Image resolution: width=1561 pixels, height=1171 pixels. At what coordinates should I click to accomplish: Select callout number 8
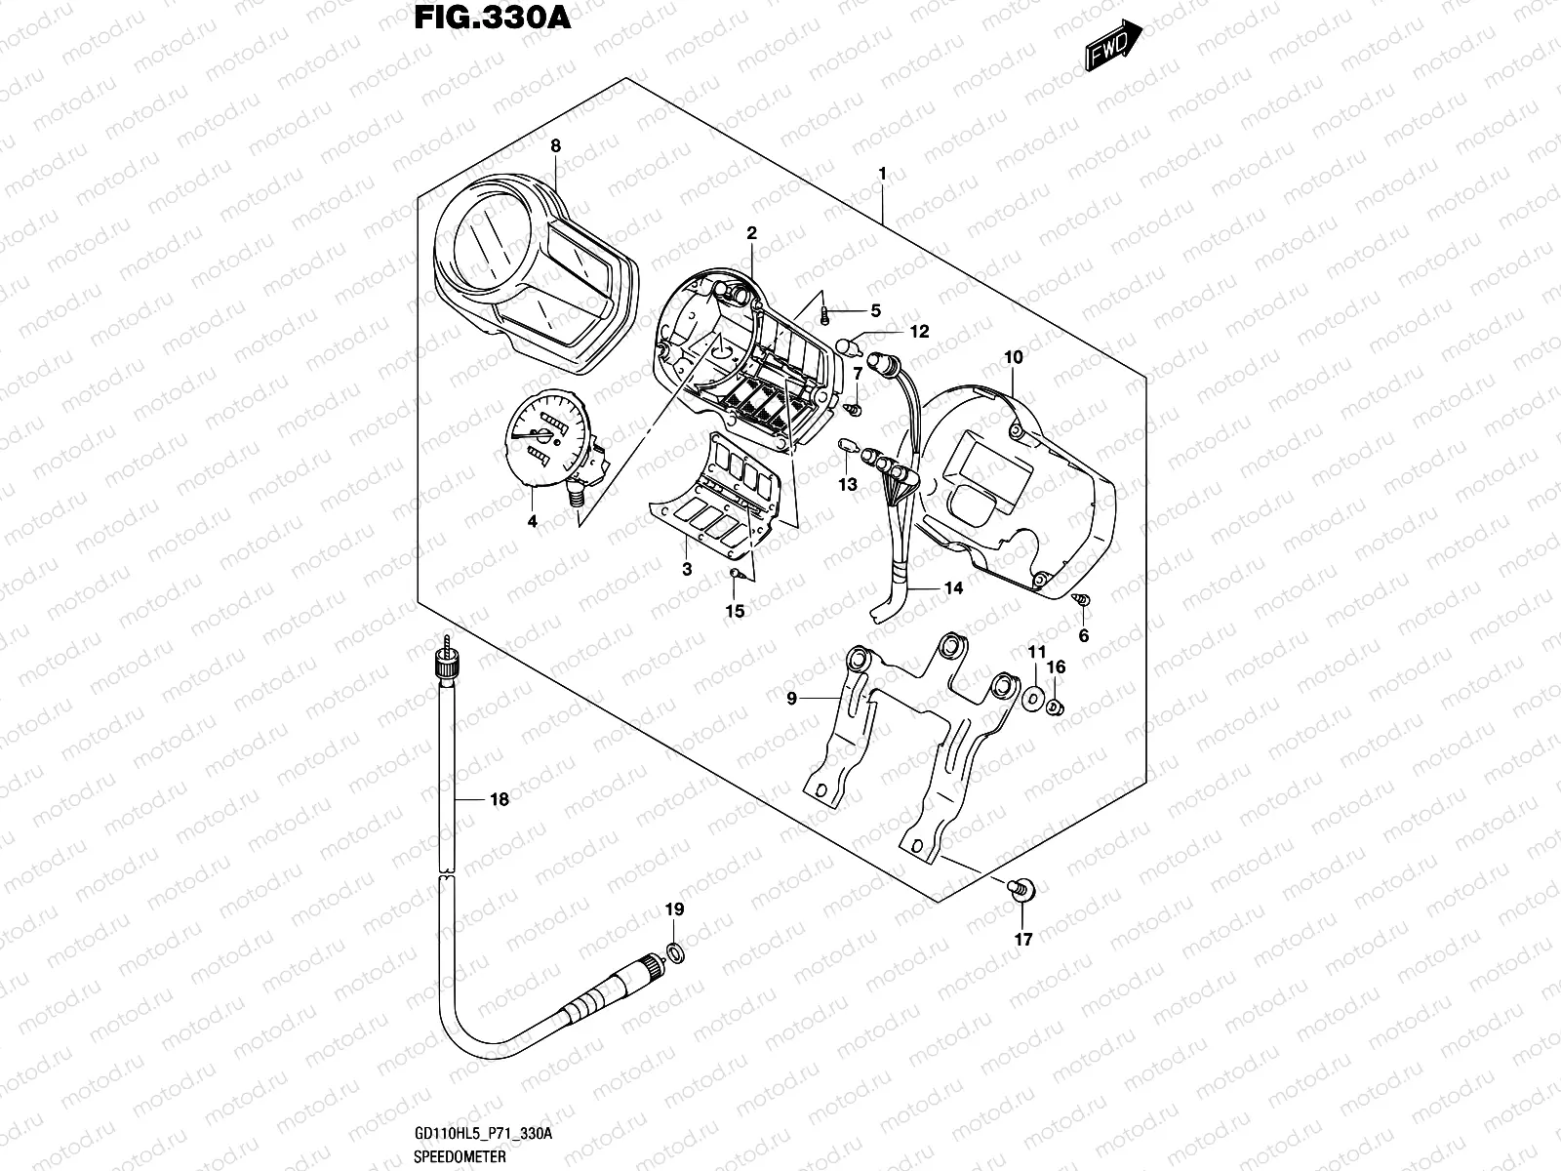(x=555, y=146)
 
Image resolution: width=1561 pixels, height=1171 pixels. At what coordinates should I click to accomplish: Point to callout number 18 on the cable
(x=499, y=799)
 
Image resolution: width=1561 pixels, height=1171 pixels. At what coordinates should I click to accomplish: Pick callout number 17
(x=1022, y=940)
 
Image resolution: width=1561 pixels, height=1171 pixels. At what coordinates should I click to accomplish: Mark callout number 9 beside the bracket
(x=791, y=698)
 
